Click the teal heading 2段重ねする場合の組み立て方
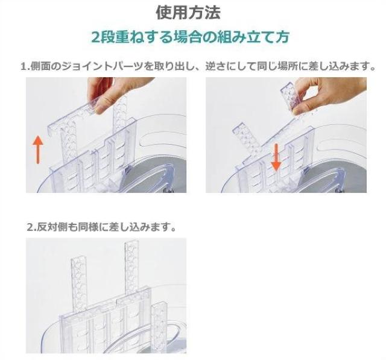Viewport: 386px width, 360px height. click(x=190, y=37)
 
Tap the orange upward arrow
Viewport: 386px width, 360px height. click(x=38, y=150)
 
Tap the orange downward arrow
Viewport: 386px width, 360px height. click(x=276, y=157)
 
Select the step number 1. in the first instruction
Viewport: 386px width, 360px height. click(x=25, y=66)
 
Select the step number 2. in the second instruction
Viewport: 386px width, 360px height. click(x=31, y=227)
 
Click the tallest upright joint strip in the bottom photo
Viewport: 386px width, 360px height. click(x=131, y=265)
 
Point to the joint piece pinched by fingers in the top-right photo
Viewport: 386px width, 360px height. click(x=293, y=97)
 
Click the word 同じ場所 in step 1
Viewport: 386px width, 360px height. click(x=277, y=66)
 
